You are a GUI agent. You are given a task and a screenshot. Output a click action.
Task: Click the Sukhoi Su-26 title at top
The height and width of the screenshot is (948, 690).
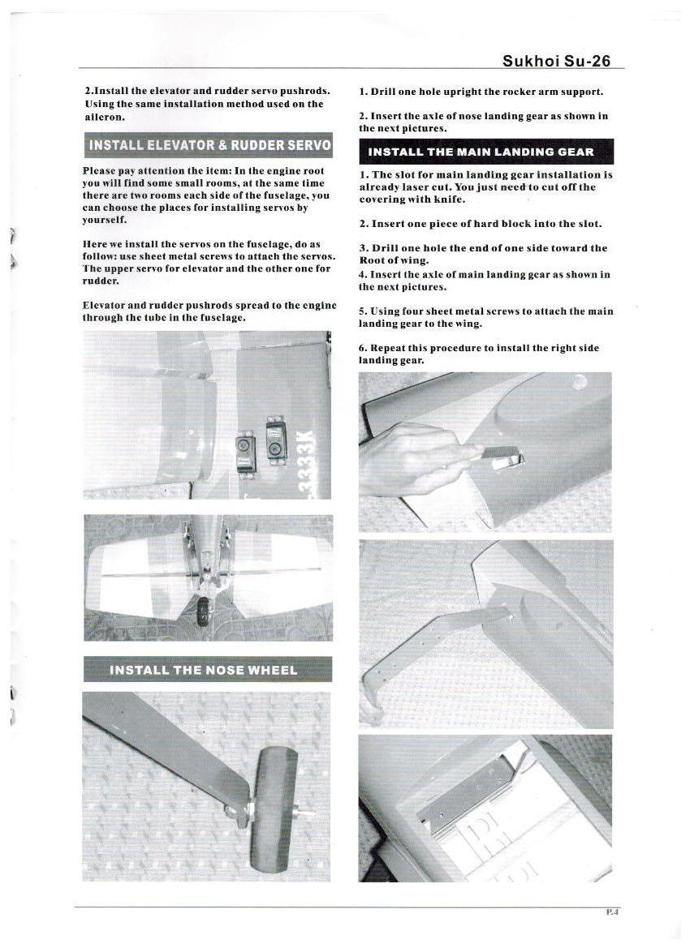pos(556,61)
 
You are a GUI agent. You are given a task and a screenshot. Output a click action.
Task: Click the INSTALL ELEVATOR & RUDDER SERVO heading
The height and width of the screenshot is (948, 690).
pos(209,146)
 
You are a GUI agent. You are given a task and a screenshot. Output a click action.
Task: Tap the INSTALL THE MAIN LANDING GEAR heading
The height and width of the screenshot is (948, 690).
pos(485,152)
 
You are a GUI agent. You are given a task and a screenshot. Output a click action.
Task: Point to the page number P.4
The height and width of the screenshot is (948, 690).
pos(613,912)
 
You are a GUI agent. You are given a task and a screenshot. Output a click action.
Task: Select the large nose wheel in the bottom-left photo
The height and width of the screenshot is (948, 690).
pos(274,809)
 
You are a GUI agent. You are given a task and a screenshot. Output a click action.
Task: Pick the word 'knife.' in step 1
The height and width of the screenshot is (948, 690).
pos(450,199)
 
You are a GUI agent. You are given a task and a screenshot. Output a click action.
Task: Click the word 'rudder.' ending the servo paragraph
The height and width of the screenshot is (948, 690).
pos(101,281)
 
